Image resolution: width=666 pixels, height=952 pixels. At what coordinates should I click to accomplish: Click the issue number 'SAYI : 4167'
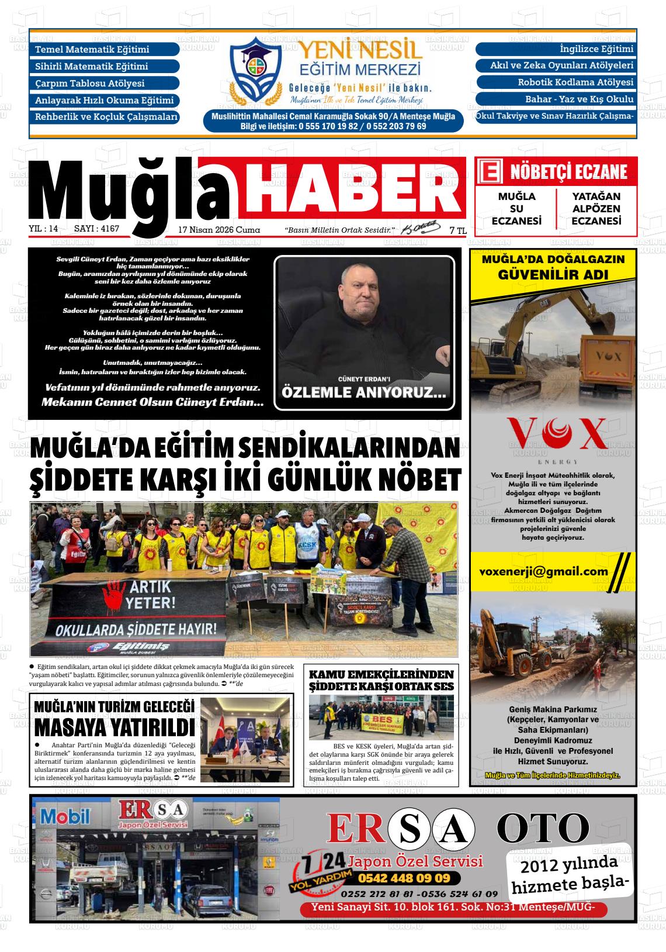(97, 229)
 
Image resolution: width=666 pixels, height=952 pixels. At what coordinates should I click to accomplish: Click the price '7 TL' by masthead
(457, 231)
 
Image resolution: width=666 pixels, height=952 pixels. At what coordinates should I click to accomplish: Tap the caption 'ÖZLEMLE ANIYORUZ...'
(363, 392)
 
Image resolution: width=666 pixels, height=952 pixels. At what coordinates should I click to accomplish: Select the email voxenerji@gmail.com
(543, 572)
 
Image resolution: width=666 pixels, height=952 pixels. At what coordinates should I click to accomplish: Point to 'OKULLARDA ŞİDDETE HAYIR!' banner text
(136, 630)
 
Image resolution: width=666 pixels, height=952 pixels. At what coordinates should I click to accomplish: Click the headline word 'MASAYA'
(75, 729)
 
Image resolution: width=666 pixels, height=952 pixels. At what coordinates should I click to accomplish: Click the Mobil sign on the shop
(65, 816)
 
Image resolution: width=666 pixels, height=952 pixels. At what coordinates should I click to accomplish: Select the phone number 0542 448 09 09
(404, 878)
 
